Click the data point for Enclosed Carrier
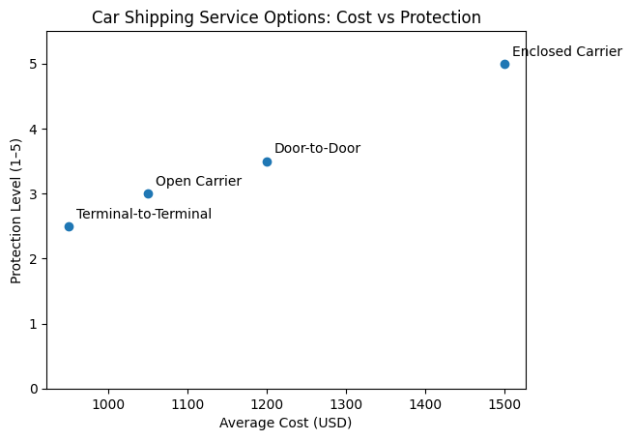pyautogui.click(x=504, y=64)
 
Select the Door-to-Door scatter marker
pyautogui.click(x=267, y=161)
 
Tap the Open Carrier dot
pyautogui.click(x=148, y=194)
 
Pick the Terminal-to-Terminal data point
pyautogui.click(x=69, y=226)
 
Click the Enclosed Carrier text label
pyautogui.click(x=567, y=51)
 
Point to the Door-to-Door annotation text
pyautogui.click(x=317, y=148)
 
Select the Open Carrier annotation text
pyautogui.click(x=199, y=181)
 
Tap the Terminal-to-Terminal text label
pyautogui.click(x=144, y=214)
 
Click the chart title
pyautogui.click(x=286, y=17)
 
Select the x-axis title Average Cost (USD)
pyautogui.click(x=285, y=423)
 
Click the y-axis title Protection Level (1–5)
pyautogui.click(x=15, y=212)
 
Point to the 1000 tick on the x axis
pyautogui.click(x=108, y=404)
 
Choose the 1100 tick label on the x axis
pyautogui.click(x=187, y=404)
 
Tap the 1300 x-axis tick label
pyautogui.click(x=346, y=404)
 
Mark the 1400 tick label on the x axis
pyautogui.click(x=425, y=404)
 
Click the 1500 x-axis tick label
pyautogui.click(x=504, y=404)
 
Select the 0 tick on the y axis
pyautogui.click(x=34, y=389)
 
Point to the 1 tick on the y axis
pyautogui.click(x=34, y=324)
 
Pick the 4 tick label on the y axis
pyautogui.click(x=34, y=130)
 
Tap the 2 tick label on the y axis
pyautogui.click(x=34, y=259)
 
